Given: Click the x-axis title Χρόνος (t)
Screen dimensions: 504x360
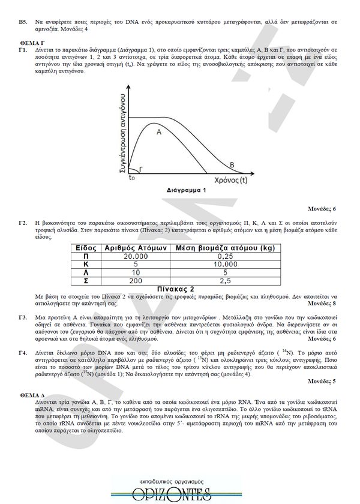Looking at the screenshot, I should click(x=230, y=179).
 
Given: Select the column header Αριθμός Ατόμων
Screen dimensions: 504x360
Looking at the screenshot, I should click(x=136, y=247).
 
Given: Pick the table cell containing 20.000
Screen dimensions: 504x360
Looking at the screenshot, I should click(x=136, y=256).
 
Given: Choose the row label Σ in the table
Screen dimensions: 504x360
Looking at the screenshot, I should click(x=86, y=280).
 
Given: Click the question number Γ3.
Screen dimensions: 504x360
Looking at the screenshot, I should click(x=23, y=316).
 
